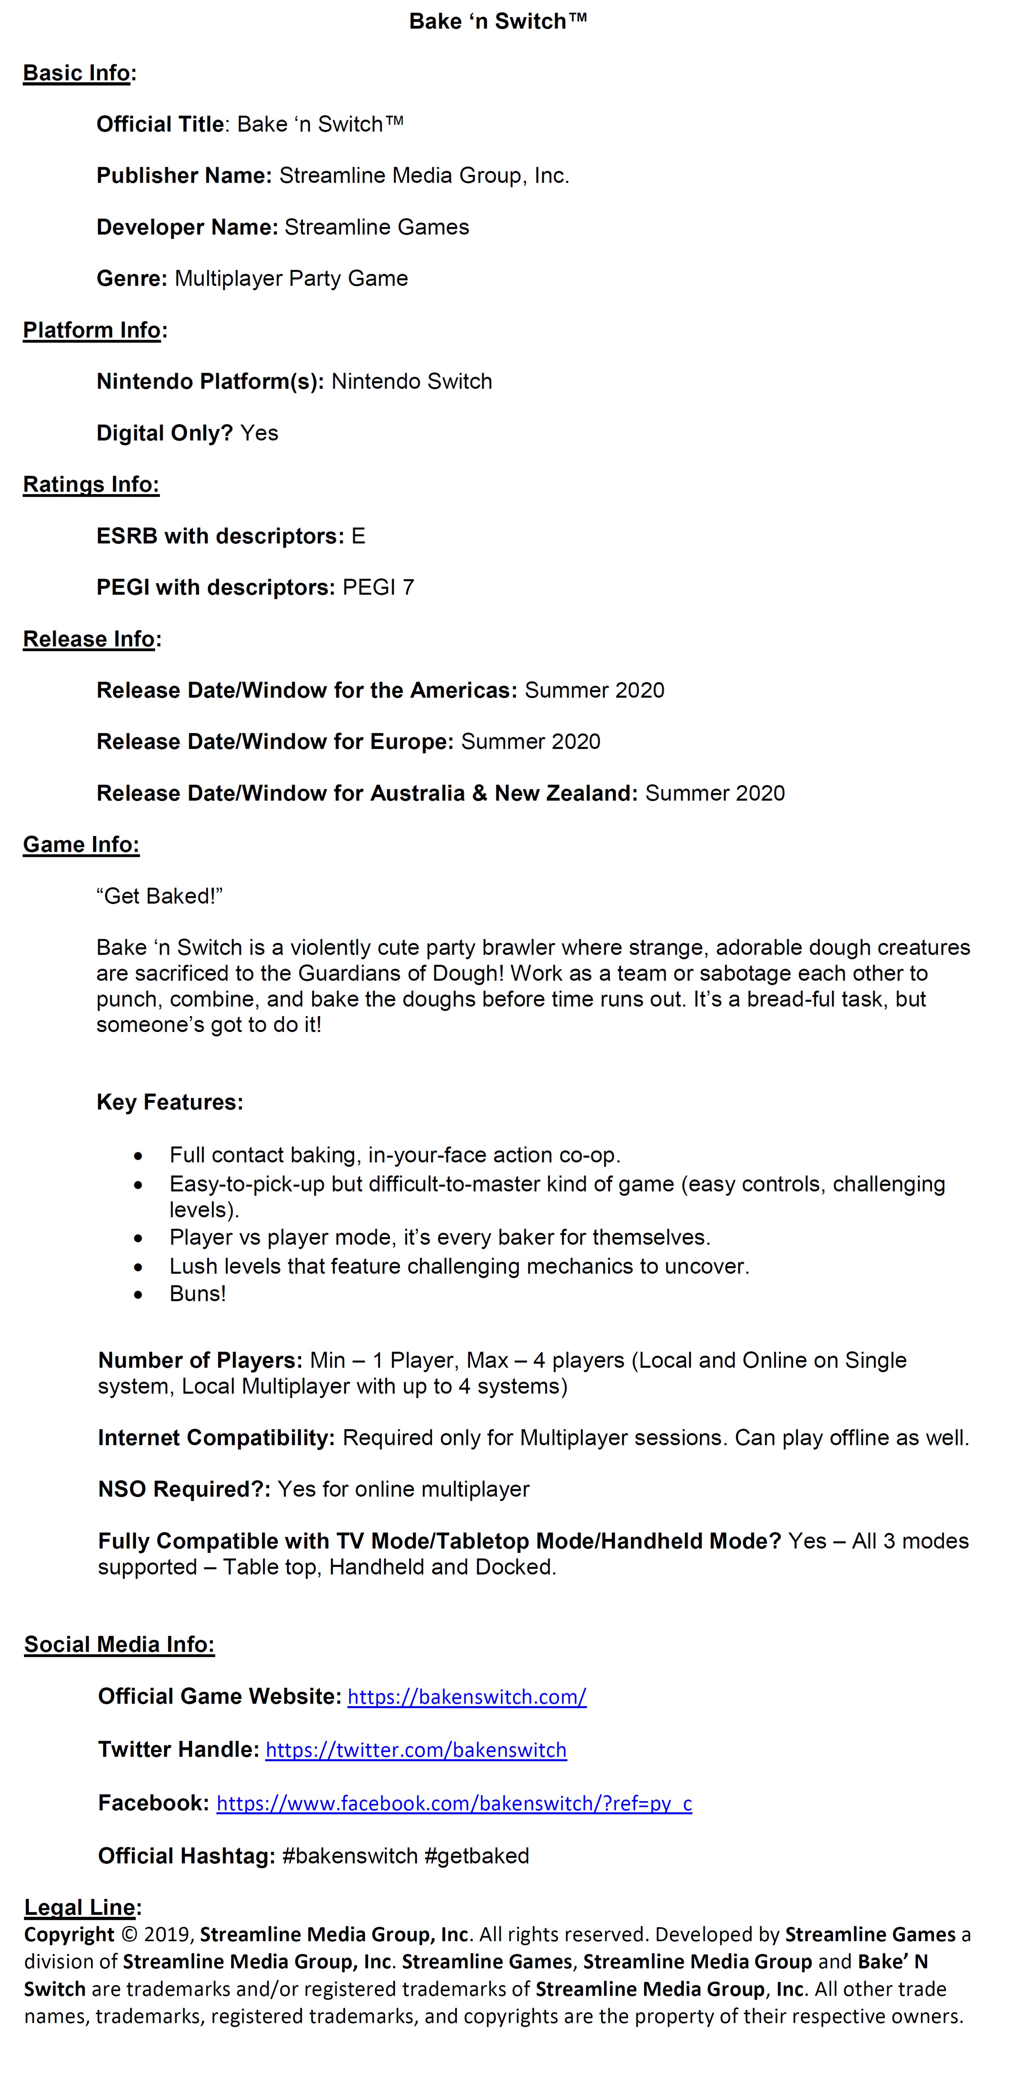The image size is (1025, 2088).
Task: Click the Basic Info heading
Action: (x=76, y=73)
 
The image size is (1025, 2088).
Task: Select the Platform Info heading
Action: (x=91, y=330)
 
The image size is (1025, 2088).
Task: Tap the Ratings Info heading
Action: (x=91, y=485)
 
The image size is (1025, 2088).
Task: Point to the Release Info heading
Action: (x=88, y=639)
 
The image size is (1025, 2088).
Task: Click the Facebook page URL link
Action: (x=454, y=1803)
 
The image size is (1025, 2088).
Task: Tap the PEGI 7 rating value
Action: (x=378, y=588)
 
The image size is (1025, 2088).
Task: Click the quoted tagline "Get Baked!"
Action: (x=159, y=896)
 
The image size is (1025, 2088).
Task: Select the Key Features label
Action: (x=169, y=1102)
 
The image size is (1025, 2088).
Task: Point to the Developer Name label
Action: (x=186, y=227)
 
